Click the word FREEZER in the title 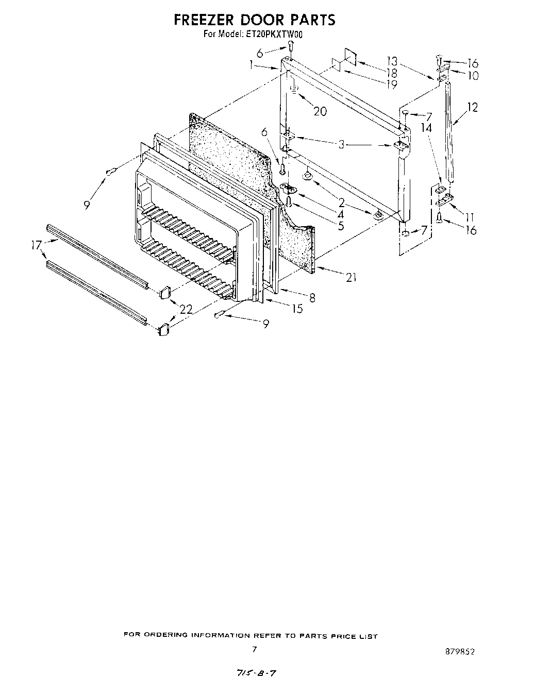[x=199, y=20]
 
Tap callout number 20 [x=320, y=111]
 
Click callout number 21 [x=351, y=278]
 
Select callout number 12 [x=472, y=107]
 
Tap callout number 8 [x=312, y=297]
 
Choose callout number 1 [x=251, y=65]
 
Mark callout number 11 [x=469, y=217]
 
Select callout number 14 [x=427, y=127]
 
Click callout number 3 [x=341, y=145]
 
